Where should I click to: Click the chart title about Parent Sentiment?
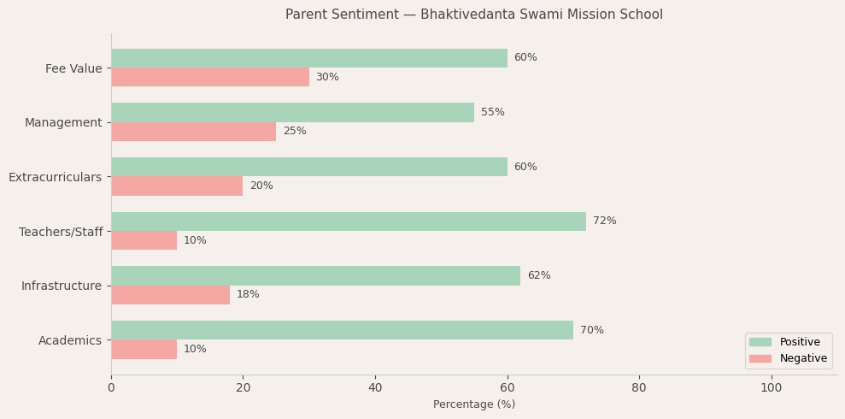[473, 15]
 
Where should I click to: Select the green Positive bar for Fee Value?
[308, 58]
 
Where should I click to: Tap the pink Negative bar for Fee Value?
[210, 77]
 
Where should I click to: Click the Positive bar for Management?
[292, 112]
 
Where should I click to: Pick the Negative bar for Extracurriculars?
[177, 186]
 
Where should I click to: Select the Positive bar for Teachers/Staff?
[349, 221]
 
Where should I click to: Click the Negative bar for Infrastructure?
[170, 295]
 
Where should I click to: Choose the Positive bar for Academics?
[342, 330]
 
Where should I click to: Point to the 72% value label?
[604, 221]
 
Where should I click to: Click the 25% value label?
[294, 132]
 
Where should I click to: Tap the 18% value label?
[248, 295]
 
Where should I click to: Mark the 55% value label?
[492, 113]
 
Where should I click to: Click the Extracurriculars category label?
[55, 177]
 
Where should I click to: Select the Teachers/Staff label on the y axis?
[61, 232]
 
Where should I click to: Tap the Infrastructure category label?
[62, 286]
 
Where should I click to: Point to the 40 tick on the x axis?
[375, 388]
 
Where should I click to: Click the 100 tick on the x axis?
[771, 388]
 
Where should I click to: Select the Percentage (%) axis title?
[473, 404]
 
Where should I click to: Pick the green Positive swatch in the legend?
[760, 342]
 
